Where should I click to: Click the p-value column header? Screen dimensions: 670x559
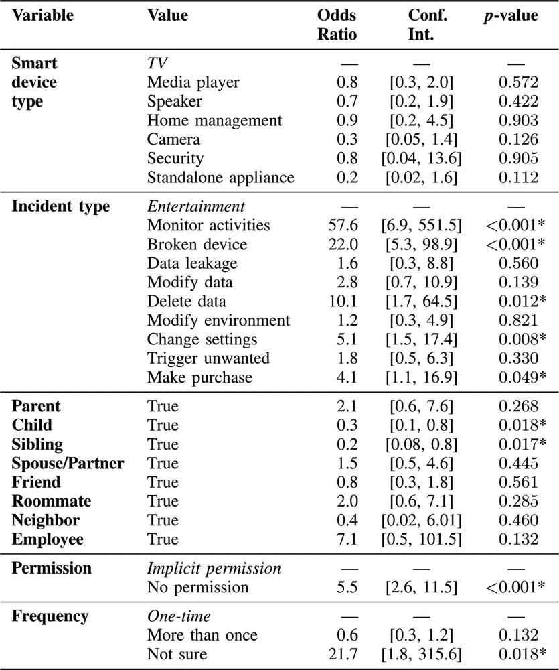tap(510, 15)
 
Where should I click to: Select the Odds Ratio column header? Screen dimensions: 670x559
tap(337, 24)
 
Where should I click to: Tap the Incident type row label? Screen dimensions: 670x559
tap(61, 206)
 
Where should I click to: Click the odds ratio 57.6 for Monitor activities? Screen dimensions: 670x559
tap(344, 225)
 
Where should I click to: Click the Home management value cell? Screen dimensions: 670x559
tap(214, 121)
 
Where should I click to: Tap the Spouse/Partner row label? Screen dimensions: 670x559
tap(68, 463)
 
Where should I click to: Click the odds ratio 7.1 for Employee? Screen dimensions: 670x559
tap(347, 539)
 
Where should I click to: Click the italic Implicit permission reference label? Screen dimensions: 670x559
tap(214, 568)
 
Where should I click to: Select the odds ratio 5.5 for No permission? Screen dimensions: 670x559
tap(347, 588)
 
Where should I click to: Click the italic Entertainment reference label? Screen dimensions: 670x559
tap(196, 206)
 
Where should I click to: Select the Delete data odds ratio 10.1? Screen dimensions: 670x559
tap(344, 301)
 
